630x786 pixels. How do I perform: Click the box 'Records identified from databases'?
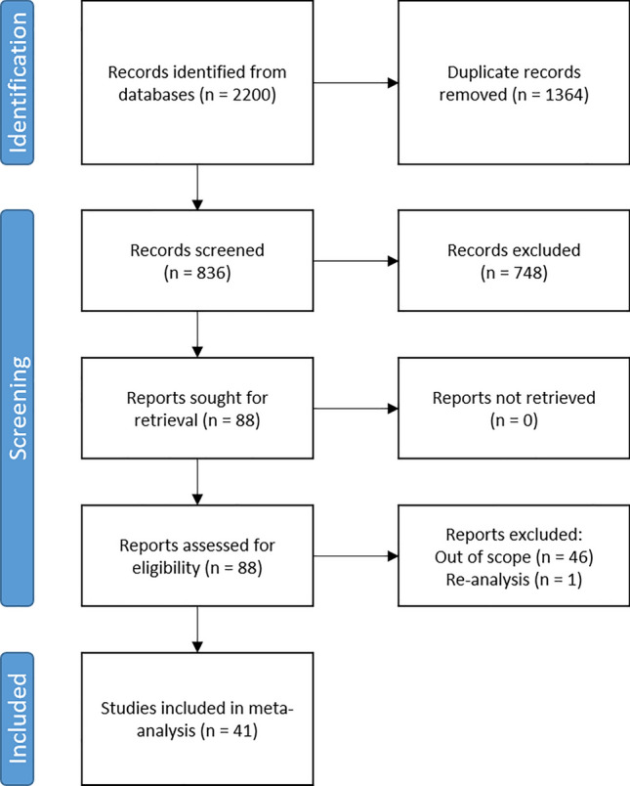point(198,84)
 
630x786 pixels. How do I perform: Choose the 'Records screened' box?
point(198,261)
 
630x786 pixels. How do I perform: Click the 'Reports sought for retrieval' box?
point(198,410)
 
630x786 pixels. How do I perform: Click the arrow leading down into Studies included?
point(198,632)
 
